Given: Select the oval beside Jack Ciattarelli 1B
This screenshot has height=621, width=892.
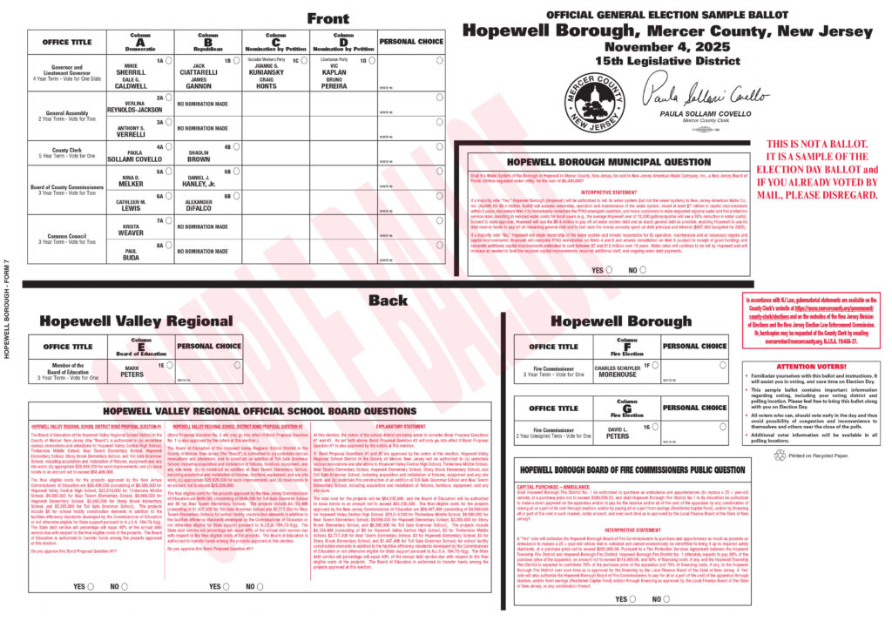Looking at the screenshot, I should (237, 60).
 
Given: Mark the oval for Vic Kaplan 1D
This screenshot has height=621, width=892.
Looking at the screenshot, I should (372, 60).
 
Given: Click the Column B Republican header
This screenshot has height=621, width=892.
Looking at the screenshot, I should (208, 40).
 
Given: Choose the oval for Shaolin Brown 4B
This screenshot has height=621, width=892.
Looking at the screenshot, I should (237, 146).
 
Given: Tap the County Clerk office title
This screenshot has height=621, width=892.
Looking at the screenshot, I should (68, 150).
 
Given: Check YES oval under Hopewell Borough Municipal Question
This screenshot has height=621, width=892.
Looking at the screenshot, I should (610, 270).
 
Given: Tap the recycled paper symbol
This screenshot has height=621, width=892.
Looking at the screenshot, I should (781, 455).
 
